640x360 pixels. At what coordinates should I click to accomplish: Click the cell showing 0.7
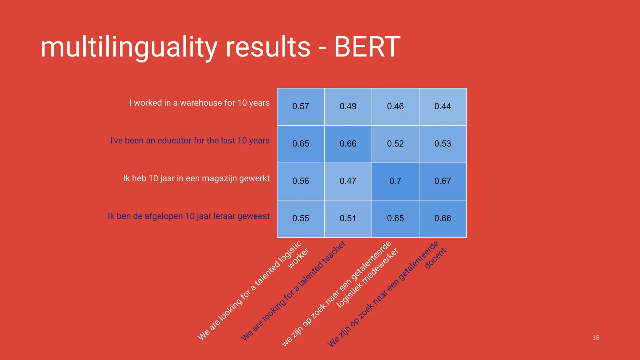pos(395,181)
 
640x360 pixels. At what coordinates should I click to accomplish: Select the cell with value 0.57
pos(301,107)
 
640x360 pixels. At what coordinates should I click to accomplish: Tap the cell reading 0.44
pos(442,107)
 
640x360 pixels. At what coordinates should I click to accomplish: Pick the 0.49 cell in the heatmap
pos(348,107)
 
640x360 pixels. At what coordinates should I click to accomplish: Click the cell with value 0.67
pos(442,181)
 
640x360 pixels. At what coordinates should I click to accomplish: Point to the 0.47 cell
pos(348,181)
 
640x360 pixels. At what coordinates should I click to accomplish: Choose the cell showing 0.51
pos(348,218)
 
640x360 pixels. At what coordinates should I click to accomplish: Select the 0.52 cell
pos(395,144)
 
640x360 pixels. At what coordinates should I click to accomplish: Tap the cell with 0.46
pos(395,107)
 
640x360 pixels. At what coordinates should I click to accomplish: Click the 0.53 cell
pos(442,144)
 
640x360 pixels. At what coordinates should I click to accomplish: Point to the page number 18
pos(596,338)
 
